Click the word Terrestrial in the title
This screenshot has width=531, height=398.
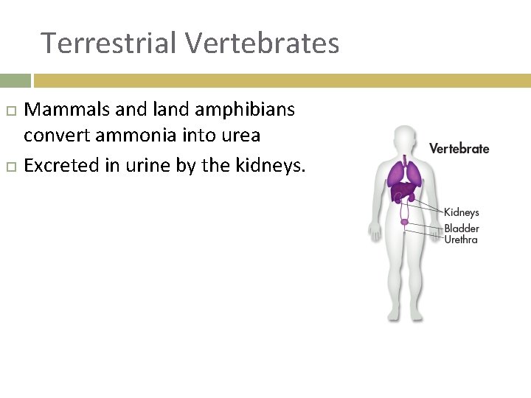click(109, 43)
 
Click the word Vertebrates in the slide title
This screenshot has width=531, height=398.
click(262, 43)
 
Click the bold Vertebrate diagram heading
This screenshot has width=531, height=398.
click(459, 148)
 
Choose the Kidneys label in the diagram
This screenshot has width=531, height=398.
click(461, 213)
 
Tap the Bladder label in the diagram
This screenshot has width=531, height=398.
click(461, 228)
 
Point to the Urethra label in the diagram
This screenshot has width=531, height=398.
click(460, 240)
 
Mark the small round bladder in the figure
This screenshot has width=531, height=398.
click(404, 220)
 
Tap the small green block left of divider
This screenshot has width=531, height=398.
click(15, 80)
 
